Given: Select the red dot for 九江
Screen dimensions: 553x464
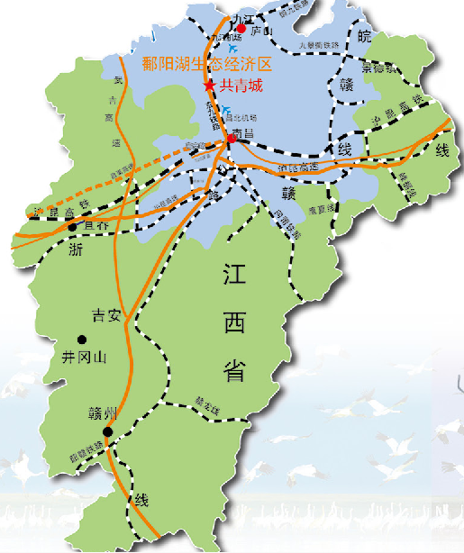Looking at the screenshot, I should (x=241, y=29).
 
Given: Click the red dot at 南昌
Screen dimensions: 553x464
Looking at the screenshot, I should (x=232, y=139).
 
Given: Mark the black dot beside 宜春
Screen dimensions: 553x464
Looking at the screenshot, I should (x=72, y=227).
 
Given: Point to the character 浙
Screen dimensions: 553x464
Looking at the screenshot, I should (x=76, y=251).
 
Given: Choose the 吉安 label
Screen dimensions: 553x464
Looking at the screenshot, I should (x=106, y=315).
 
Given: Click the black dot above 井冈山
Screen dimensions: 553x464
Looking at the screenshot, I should (x=82, y=340).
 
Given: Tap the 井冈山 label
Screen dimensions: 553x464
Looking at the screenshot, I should (x=83, y=358).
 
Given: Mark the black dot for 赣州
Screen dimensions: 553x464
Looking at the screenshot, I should (x=107, y=431).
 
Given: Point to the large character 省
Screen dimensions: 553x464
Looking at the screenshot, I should (x=240, y=370).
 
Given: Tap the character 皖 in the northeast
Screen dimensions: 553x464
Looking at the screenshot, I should (x=364, y=37).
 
